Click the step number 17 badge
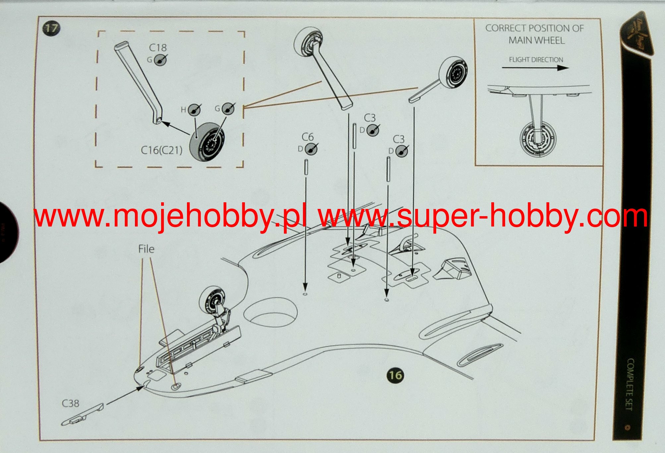point(51,28)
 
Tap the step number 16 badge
point(395,375)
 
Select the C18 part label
point(157,48)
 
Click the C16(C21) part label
point(161,150)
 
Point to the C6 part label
point(307,137)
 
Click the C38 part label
point(70,403)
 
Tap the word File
point(146,249)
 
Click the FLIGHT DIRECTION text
point(536,60)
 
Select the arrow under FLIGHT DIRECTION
point(535,68)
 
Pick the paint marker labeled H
point(194,109)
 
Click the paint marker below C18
point(161,60)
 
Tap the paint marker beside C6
point(311,149)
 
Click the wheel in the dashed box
point(207,142)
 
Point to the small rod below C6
point(306,166)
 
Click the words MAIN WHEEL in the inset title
point(536,40)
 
